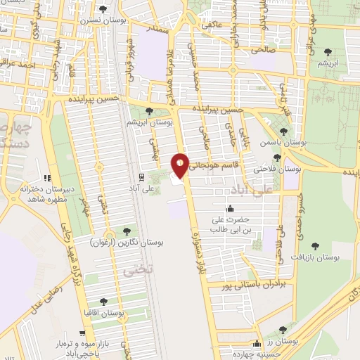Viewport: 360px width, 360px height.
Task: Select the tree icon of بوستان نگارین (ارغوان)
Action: coord(127,231)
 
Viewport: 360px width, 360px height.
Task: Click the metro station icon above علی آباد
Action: coord(142,176)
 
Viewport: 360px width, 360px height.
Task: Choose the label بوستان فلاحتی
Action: coord(277,169)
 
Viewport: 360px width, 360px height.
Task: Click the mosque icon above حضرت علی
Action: coord(230,208)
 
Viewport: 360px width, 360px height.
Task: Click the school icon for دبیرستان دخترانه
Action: coord(48,178)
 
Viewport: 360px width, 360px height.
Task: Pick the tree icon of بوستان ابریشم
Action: coord(149,111)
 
